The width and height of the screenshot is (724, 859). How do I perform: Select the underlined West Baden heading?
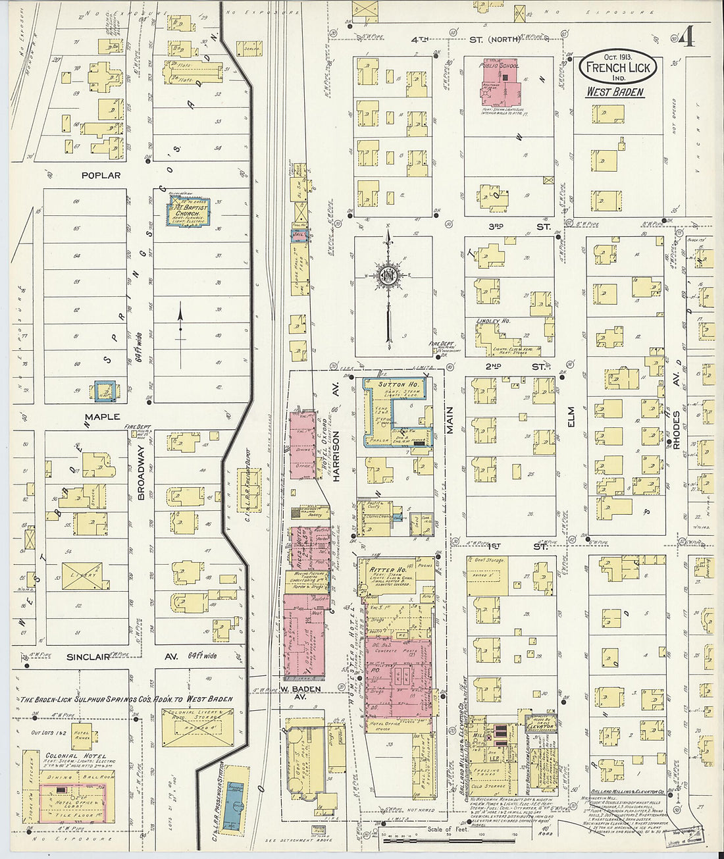[615, 92]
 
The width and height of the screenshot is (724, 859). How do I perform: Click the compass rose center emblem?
[388, 274]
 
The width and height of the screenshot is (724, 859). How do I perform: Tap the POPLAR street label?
[101, 176]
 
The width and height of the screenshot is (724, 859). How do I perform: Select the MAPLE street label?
[102, 417]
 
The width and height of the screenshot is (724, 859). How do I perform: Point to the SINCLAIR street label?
[89, 657]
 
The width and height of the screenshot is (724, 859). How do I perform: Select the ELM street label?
[571, 418]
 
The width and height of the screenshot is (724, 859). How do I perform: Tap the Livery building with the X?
[82, 575]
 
